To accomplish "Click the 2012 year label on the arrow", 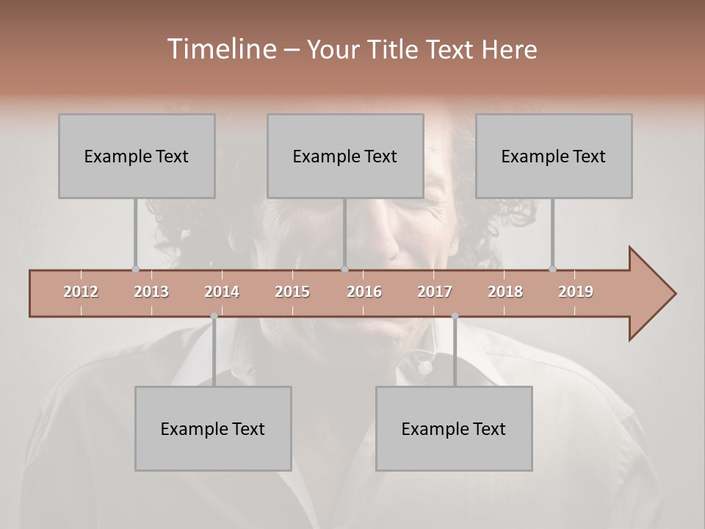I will click(x=81, y=292).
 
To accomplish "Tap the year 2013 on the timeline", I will click(x=151, y=292).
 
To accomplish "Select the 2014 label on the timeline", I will click(x=222, y=292).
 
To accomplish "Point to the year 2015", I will click(x=292, y=292).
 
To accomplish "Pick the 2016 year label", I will click(x=364, y=292).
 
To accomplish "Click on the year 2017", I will click(x=435, y=292).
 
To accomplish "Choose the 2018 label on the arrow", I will click(x=505, y=292).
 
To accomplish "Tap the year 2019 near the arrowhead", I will click(x=576, y=292).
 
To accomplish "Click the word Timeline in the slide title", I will click(x=221, y=49).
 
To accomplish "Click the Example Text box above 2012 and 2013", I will click(x=137, y=156).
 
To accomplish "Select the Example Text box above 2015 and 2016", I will click(x=345, y=156).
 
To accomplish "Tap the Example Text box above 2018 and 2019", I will click(x=554, y=156).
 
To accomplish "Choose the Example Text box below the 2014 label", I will click(x=213, y=428).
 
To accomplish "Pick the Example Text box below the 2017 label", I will click(x=454, y=428).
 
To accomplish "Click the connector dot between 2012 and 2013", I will click(x=135, y=269).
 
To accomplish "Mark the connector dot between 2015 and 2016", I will click(x=344, y=269).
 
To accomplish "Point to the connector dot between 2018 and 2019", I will click(x=552, y=269).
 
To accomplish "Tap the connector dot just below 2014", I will click(x=214, y=316).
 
